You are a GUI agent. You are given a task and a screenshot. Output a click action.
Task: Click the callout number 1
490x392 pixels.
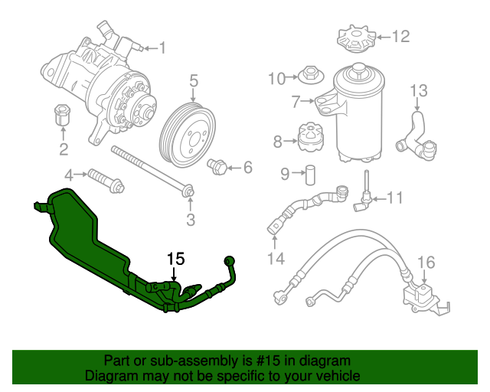pyautogui.click(x=162, y=48)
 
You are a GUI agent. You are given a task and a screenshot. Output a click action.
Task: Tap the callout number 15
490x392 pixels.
pyautogui.click(x=175, y=260)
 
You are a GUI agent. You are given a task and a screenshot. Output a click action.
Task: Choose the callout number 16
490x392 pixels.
pyautogui.click(x=426, y=263)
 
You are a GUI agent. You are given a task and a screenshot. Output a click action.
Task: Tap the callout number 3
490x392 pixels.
pyautogui.click(x=191, y=220)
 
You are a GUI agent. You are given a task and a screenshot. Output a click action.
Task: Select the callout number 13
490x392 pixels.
pyautogui.click(x=417, y=92)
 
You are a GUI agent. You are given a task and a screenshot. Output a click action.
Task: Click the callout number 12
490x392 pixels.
pyautogui.click(x=400, y=36)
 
